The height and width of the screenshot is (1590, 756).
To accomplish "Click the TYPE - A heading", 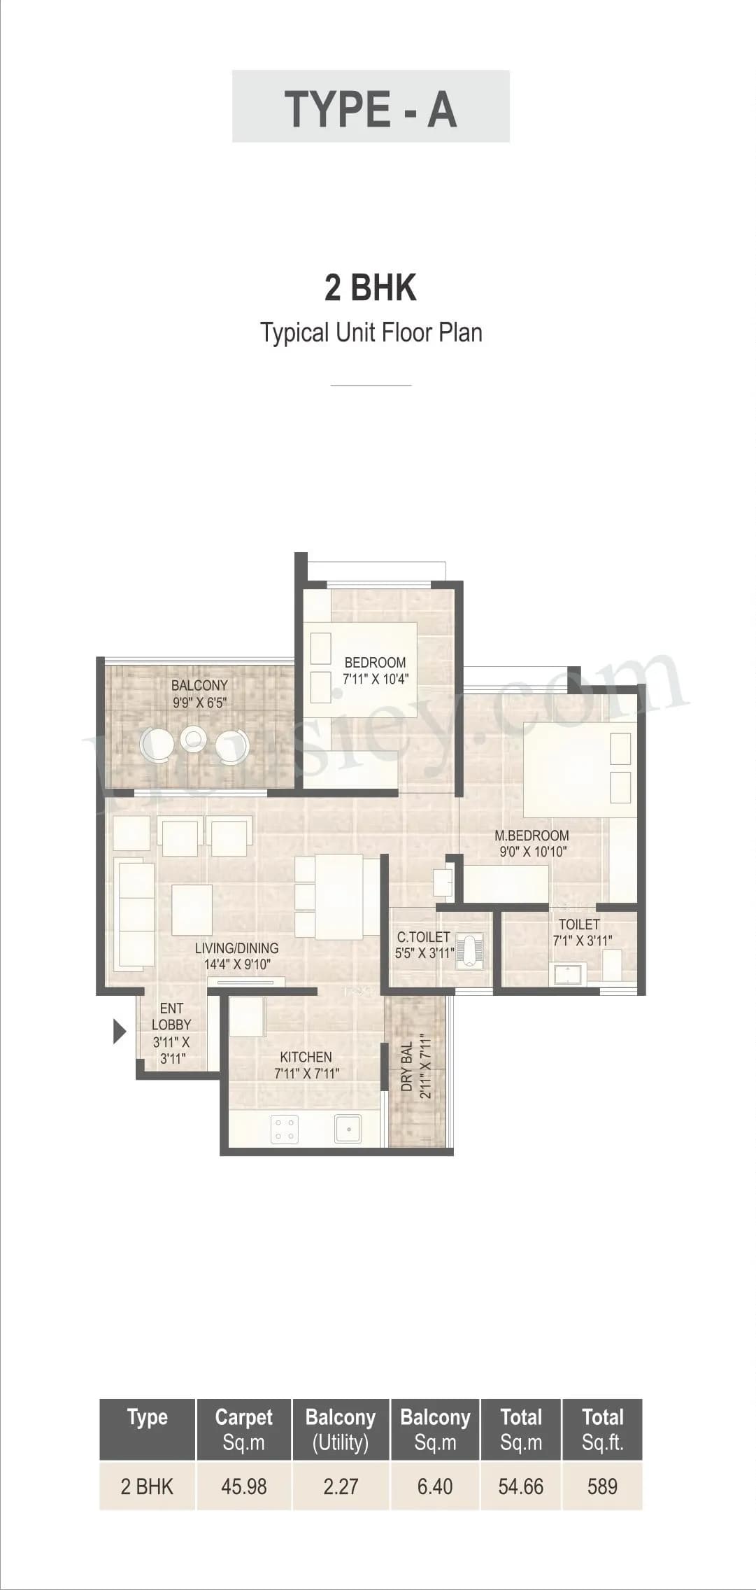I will [x=371, y=109].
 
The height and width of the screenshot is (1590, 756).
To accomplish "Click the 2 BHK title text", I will [x=371, y=288].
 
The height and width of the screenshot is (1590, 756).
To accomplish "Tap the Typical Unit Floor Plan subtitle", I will [x=371, y=332].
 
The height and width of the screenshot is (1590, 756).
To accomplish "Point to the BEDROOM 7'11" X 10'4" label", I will [x=376, y=670].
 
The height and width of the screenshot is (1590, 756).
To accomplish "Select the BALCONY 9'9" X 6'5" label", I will [x=199, y=694].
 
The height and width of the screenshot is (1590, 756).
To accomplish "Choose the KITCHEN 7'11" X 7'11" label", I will [x=306, y=1064].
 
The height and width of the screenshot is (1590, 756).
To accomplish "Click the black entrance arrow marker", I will [x=120, y=1032].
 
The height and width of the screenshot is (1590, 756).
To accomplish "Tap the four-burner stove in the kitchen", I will [x=285, y=1129].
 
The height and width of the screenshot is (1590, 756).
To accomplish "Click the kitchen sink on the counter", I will [x=348, y=1128].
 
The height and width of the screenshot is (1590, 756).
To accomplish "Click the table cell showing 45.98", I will [x=243, y=1486].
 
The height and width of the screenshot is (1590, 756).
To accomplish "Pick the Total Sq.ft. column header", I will [x=602, y=1430].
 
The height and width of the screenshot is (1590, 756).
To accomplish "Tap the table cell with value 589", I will [x=602, y=1486].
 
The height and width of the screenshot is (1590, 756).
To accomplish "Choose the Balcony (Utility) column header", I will [x=341, y=1430].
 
